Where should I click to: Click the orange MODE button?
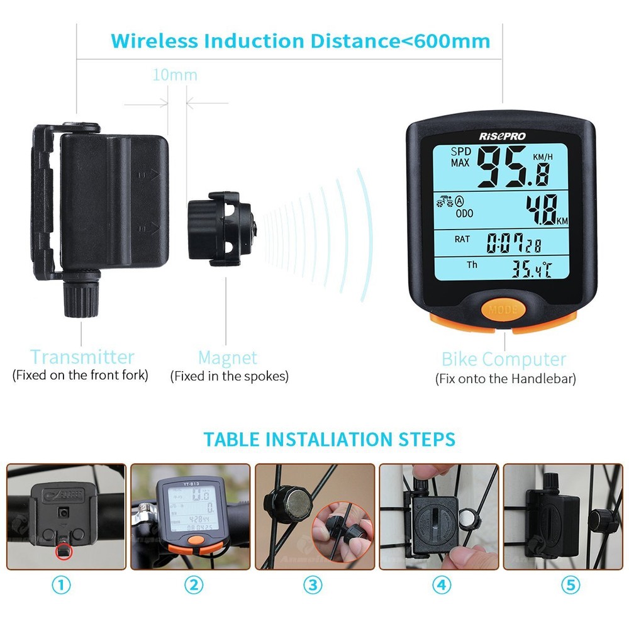(x=503, y=309)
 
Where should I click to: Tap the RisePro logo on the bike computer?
(x=502, y=136)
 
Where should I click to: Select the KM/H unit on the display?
(x=545, y=156)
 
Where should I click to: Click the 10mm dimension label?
(x=175, y=75)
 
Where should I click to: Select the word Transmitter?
(x=82, y=357)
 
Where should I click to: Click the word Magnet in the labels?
(x=228, y=358)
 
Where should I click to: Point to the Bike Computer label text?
(x=504, y=360)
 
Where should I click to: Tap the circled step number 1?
(x=61, y=585)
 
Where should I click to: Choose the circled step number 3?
(x=313, y=585)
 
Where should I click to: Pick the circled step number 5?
(x=570, y=585)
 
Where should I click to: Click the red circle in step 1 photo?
(x=63, y=552)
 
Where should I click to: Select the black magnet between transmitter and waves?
(x=220, y=229)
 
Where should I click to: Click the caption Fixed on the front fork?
(x=81, y=376)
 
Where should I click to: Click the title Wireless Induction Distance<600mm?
(x=300, y=41)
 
